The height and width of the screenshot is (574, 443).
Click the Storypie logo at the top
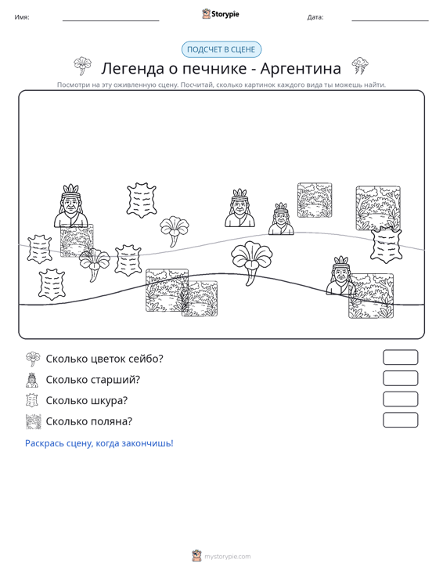point(221,14)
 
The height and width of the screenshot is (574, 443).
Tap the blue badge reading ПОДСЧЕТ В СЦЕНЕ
point(221,49)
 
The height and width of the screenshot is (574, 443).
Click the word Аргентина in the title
point(301,68)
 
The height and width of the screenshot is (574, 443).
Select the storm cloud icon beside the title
point(360,67)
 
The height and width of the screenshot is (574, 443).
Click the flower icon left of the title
point(83,66)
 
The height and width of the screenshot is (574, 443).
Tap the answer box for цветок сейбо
point(400,357)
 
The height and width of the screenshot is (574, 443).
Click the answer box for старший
point(400,378)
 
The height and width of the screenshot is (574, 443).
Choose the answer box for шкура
point(400,399)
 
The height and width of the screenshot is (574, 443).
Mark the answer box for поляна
point(400,420)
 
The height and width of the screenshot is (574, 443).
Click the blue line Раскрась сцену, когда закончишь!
point(99,443)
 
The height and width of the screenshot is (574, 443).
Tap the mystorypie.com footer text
point(228,557)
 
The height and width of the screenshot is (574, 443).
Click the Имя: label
point(22,17)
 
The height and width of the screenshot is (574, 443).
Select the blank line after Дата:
point(390,20)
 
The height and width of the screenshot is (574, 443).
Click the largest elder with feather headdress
point(71,206)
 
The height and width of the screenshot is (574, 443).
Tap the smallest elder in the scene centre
point(281,219)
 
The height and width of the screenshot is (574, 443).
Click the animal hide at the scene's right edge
point(386,244)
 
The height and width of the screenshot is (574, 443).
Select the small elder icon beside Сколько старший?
point(32,380)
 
